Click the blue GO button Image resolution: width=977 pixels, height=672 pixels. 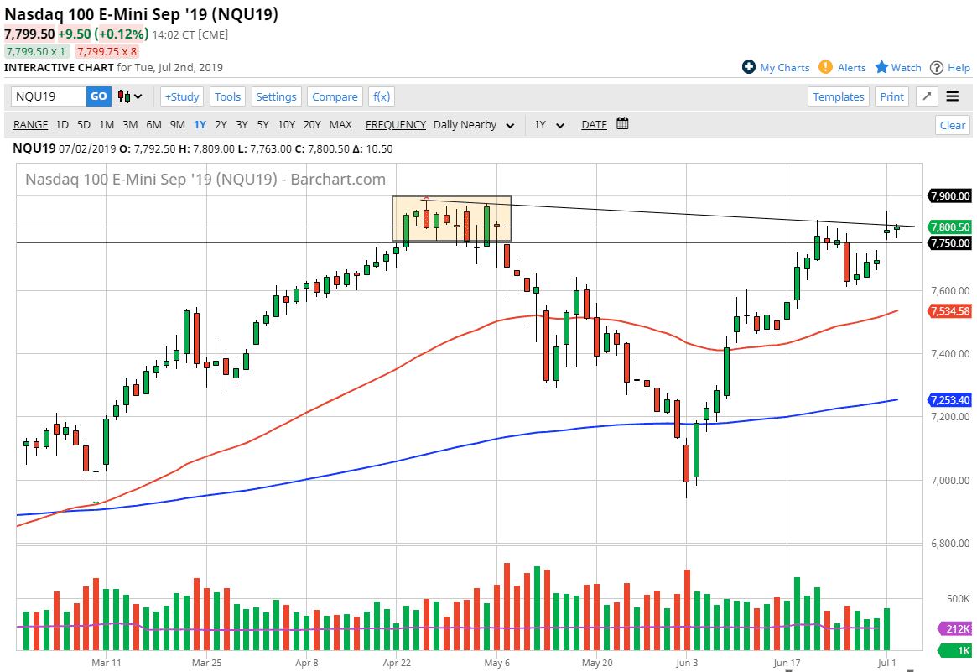(99, 96)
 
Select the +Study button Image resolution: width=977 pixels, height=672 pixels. (181, 96)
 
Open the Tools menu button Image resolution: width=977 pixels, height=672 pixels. (227, 96)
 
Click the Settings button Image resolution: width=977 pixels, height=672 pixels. (276, 96)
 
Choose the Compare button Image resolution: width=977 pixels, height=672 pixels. (335, 96)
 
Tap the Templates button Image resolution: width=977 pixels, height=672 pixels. (839, 96)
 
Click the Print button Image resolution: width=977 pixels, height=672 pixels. (892, 96)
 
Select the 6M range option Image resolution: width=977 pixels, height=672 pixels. (153, 125)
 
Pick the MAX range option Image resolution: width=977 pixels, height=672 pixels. (340, 125)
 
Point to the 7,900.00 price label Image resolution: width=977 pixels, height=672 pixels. (949, 196)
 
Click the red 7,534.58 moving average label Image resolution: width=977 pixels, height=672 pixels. (949, 311)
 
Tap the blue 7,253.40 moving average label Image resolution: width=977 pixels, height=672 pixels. (949, 399)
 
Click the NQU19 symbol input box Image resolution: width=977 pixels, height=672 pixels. (48, 96)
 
